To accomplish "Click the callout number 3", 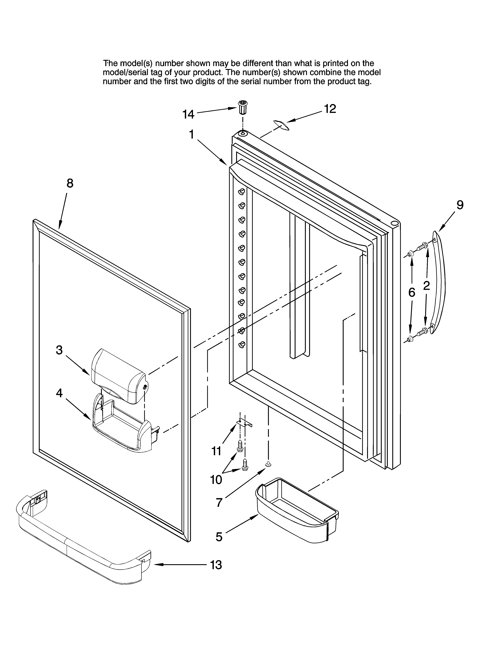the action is [x=59, y=350].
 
